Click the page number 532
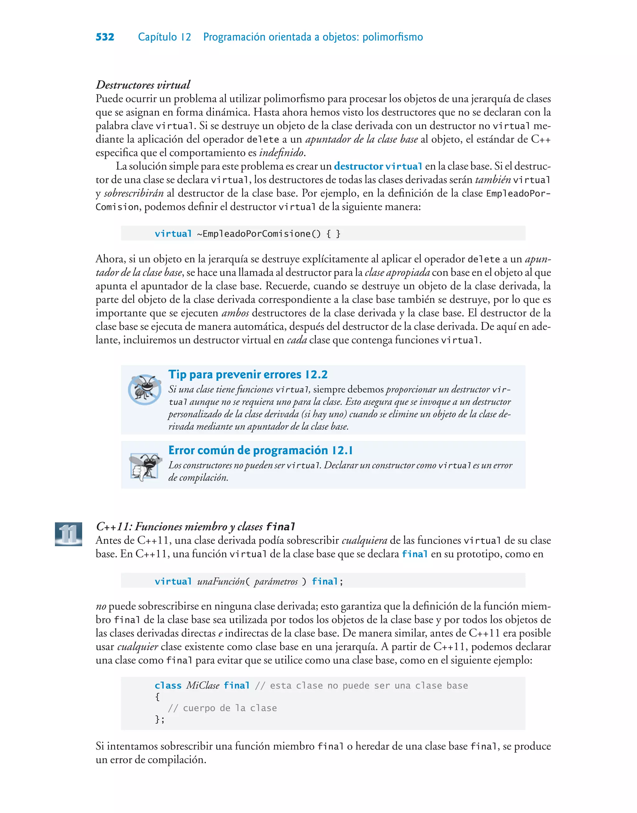click(105, 37)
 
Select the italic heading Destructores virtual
click(143, 85)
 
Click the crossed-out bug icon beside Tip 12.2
click(144, 389)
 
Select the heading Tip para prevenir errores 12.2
click(248, 374)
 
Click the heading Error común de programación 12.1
click(260, 450)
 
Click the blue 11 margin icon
click(69, 533)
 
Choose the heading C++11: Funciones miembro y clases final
click(195, 526)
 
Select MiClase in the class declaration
click(202, 685)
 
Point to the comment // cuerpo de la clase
click(222, 708)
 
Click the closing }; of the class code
click(160, 719)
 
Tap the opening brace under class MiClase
click(157, 697)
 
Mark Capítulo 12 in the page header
click(164, 37)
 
